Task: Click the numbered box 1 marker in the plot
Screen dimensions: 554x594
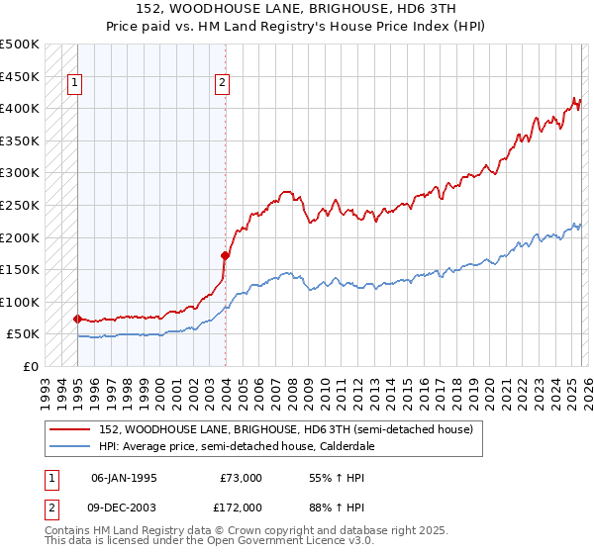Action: (75, 84)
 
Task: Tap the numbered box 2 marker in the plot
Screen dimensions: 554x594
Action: (223, 84)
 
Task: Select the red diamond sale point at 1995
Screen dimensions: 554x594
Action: (77, 319)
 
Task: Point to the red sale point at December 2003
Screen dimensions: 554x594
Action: (226, 255)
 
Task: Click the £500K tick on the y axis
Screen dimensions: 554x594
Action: (20, 45)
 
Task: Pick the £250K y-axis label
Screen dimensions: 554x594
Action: (20, 205)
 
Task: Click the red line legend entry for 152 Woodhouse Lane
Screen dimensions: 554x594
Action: (287, 429)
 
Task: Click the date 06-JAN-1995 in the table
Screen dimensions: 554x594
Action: (124, 477)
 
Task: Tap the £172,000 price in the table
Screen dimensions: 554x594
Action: (241, 507)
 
